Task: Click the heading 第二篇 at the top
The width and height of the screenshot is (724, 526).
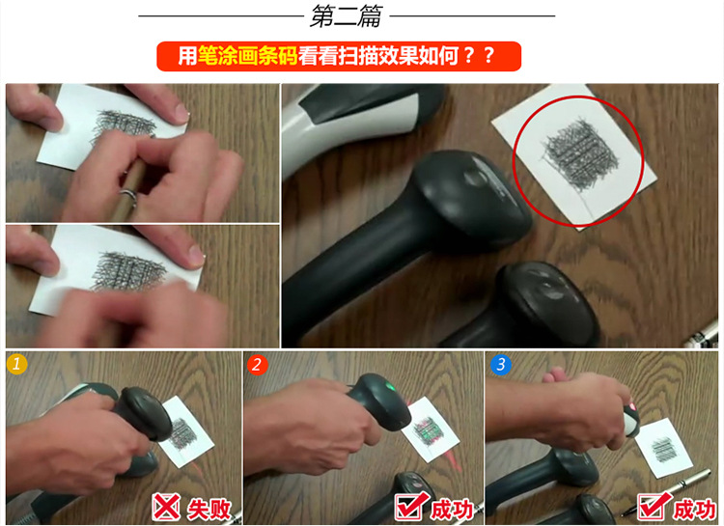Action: [x=346, y=16]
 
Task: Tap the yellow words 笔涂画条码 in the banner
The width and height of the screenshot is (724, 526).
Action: [x=247, y=56]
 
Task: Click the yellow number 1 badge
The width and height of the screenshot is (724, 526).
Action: [x=16, y=364]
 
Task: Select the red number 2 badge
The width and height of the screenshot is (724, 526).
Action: [x=257, y=365]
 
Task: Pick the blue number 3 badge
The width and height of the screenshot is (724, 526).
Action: [x=500, y=365]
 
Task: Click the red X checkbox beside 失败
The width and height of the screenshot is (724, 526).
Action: [x=166, y=507]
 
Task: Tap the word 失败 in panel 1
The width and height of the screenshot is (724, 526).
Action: [x=209, y=510]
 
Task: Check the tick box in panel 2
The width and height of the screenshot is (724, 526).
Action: [x=410, y=506]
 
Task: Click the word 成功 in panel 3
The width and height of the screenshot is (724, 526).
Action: [x=694, y=510]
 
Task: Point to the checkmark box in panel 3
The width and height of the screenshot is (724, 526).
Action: [x=653, y=506]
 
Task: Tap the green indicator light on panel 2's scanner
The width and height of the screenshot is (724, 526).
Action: [x=391, y=386]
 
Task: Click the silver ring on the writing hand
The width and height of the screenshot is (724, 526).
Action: [x=128, y=196]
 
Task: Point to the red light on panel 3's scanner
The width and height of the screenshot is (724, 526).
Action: [x=632, y=406]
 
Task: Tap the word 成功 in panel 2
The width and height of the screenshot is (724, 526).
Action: [x=452, y=510]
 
